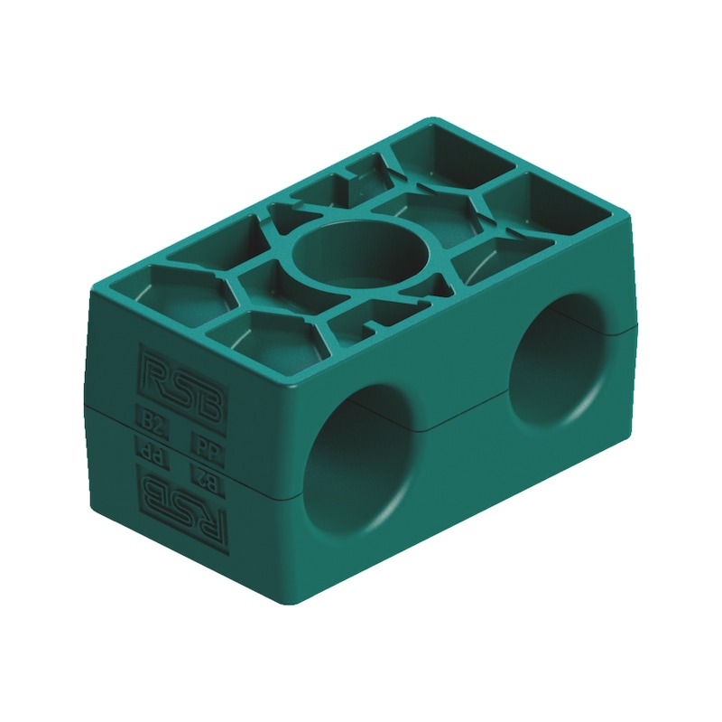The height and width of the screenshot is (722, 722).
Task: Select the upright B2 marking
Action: point(151,417)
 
